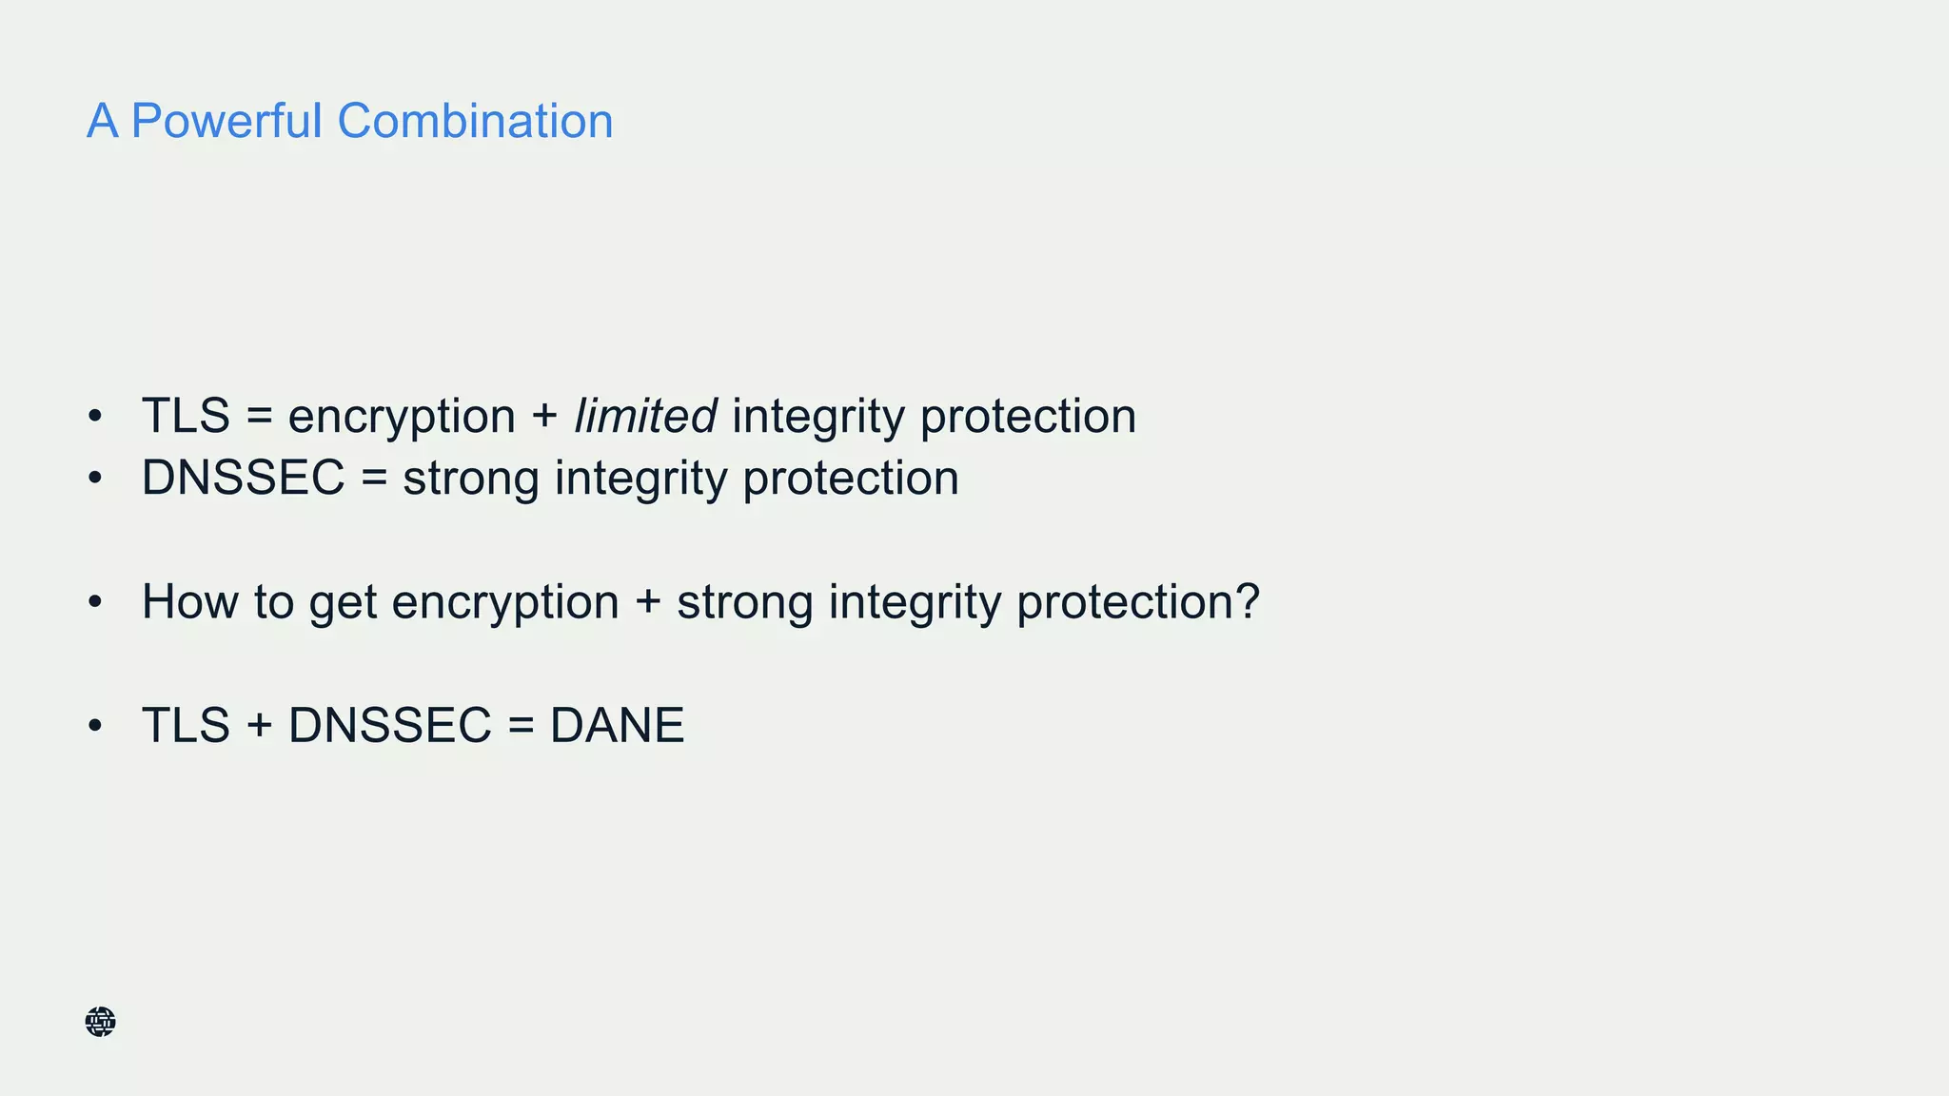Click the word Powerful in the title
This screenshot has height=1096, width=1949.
(x=226, y=121)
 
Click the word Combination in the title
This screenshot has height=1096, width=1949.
(x=475, y=121)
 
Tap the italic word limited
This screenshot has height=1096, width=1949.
(x=645, y=416)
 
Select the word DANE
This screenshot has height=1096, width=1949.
(x=617, y=725)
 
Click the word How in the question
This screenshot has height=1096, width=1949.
(x=189, y=601)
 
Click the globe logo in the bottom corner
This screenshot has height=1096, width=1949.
(x=100, y=1022)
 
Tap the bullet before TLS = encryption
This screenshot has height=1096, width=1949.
(x=94, y=417)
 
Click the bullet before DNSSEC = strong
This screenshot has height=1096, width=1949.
(x=94, y=479)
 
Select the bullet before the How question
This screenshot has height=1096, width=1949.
(x=94, y=602)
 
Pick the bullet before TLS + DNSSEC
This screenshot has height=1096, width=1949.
(x=94, y=726)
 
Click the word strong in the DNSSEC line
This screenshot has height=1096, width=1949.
(x=470, y=479)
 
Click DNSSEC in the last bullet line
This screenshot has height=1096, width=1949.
(x=389, y=725)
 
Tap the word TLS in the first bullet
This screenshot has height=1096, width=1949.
(x=186, y=416)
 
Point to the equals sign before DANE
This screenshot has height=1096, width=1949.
(x=521, y=726)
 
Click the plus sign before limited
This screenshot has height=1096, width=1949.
(x=544, y=417)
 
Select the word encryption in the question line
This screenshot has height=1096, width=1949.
(x=504, y=603)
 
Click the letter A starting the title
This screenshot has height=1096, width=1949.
(x=103, y=121)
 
